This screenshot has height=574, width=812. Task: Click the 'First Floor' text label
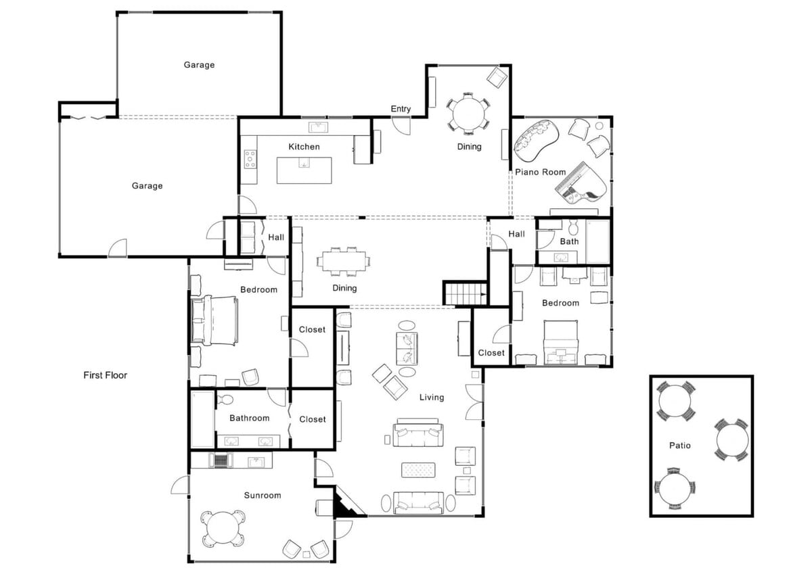coord(105,375)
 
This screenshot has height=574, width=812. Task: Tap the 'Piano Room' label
coord(540,172)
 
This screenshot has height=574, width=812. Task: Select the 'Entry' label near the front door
coord(401,109)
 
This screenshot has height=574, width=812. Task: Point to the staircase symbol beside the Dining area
coord(465,293)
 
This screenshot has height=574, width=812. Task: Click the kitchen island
coord(304,170)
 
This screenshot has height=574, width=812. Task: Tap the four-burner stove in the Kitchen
coord(250,159)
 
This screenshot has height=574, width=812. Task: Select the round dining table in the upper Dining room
coord(468,112)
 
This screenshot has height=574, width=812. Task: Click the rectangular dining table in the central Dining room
coord(343,262)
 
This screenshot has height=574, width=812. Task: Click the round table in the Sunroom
coord(222,528)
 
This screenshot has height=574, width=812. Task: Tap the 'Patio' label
coord(680,446)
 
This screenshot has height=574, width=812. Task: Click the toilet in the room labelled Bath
coord(574,227)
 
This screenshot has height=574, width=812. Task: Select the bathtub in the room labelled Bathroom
coord(202,418)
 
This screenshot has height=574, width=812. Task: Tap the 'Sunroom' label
coord(262,496)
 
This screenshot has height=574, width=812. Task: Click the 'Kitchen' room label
coord(304,147)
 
